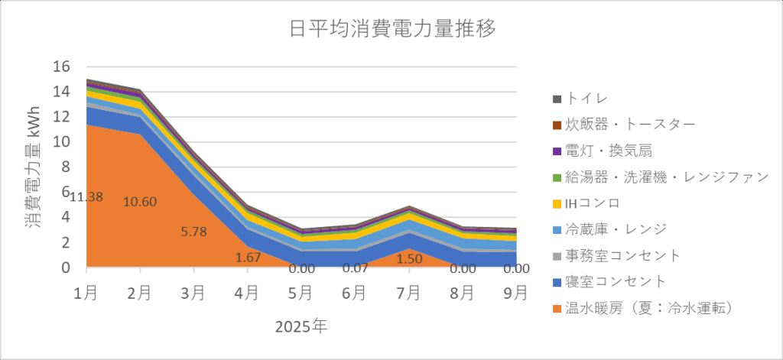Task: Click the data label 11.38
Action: pos(86,197)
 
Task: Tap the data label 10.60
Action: pos(140,202)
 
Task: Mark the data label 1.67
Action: pos(248,258)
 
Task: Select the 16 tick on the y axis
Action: pos(61,66)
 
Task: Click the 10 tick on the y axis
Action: pos(61,142)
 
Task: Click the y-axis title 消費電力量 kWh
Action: pos(31,167)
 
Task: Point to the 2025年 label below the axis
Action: pos(301,327)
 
